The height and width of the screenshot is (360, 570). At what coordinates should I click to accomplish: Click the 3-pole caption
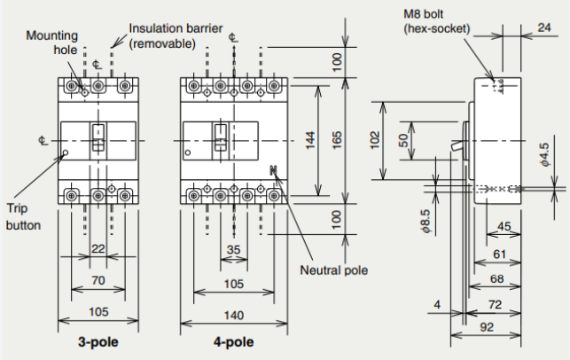click(98, 342)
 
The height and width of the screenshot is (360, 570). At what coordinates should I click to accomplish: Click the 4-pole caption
click(234, 342)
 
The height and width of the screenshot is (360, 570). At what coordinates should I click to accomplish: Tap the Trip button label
click(23, 216)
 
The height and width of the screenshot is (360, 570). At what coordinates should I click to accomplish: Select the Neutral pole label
click(333, 270)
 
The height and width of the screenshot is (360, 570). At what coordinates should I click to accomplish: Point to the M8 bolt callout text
click(437, 21)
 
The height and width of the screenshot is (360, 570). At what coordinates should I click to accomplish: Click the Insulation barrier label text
click(176, 36)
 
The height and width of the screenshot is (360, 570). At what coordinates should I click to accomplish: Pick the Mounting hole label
click(52, 43)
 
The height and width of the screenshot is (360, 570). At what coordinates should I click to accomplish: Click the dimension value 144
click(310, 140)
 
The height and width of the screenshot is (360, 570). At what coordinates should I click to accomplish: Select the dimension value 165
click(337, 140)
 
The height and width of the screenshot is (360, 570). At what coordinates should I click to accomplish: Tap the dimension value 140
click(233, 315)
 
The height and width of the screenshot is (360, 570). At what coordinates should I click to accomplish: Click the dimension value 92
click(487, 327)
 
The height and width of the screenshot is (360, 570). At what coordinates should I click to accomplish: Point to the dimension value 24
click(544, 27)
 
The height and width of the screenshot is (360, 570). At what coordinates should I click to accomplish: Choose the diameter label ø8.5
click(426, 221)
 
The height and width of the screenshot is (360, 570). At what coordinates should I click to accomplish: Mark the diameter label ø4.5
click(544, 154)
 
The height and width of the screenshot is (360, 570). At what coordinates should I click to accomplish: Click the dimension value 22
click(98, 249)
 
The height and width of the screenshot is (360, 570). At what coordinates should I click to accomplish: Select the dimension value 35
click(233, 250)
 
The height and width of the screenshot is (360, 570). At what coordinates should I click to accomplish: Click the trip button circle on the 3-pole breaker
click(66, 153)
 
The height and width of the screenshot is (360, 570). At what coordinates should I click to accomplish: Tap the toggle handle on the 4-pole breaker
click(221, 137)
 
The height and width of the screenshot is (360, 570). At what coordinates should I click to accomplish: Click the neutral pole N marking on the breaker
click(274, 170)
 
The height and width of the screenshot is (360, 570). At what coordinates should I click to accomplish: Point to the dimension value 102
click(375, 140)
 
